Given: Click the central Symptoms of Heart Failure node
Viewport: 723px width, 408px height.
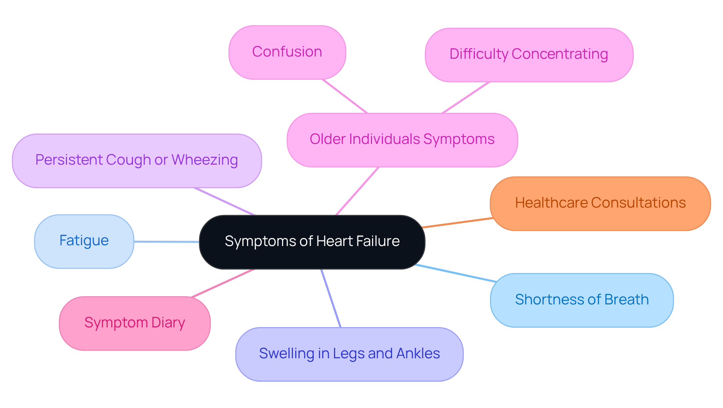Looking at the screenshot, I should [312, 242].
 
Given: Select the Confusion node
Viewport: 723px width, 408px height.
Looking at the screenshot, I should [287, 52].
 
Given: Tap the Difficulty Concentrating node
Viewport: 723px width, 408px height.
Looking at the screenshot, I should [529, 55].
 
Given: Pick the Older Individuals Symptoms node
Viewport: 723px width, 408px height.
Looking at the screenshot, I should [402, 140].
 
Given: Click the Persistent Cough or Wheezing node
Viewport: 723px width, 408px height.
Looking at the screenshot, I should [136, 160].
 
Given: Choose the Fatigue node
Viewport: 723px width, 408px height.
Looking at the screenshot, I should [84, 241].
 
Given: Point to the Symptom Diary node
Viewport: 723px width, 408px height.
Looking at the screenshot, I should [134, 323].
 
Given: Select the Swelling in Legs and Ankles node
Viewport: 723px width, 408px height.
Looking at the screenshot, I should [349, 354].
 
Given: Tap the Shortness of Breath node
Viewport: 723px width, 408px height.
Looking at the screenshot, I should [581, 300].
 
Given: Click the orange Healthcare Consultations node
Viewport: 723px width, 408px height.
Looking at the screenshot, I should [600, 203].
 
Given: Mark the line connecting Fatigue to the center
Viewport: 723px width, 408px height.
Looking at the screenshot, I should [166, 241].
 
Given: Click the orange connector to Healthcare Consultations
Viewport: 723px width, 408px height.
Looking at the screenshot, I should [458, 223].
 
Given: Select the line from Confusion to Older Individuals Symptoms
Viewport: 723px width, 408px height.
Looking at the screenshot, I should [345, 96].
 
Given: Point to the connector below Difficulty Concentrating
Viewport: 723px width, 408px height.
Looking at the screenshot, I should [466, 97].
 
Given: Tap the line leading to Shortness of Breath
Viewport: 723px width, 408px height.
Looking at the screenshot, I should [456, 273].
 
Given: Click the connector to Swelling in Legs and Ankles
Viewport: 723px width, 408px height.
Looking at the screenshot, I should [331, 298].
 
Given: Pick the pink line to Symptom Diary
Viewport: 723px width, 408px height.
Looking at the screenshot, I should [223, 283].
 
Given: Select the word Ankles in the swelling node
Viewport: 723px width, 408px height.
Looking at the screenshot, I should [418, 354].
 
